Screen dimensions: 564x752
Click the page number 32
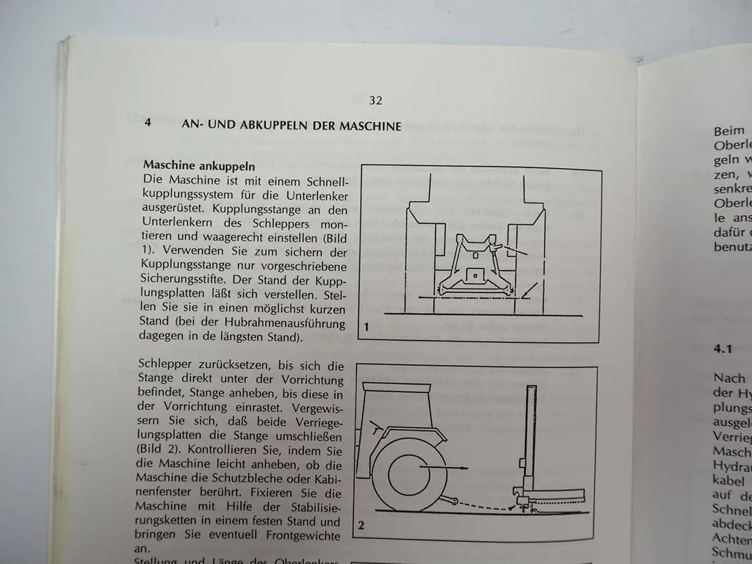point(375,101)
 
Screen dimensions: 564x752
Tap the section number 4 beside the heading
point(148,124)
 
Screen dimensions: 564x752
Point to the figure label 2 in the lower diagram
point(361,524)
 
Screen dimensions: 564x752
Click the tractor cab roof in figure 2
point(396,388)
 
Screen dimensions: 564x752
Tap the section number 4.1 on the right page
point(723,350)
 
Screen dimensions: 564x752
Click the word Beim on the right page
point(728,131)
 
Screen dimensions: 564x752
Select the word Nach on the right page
point(728,378)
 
